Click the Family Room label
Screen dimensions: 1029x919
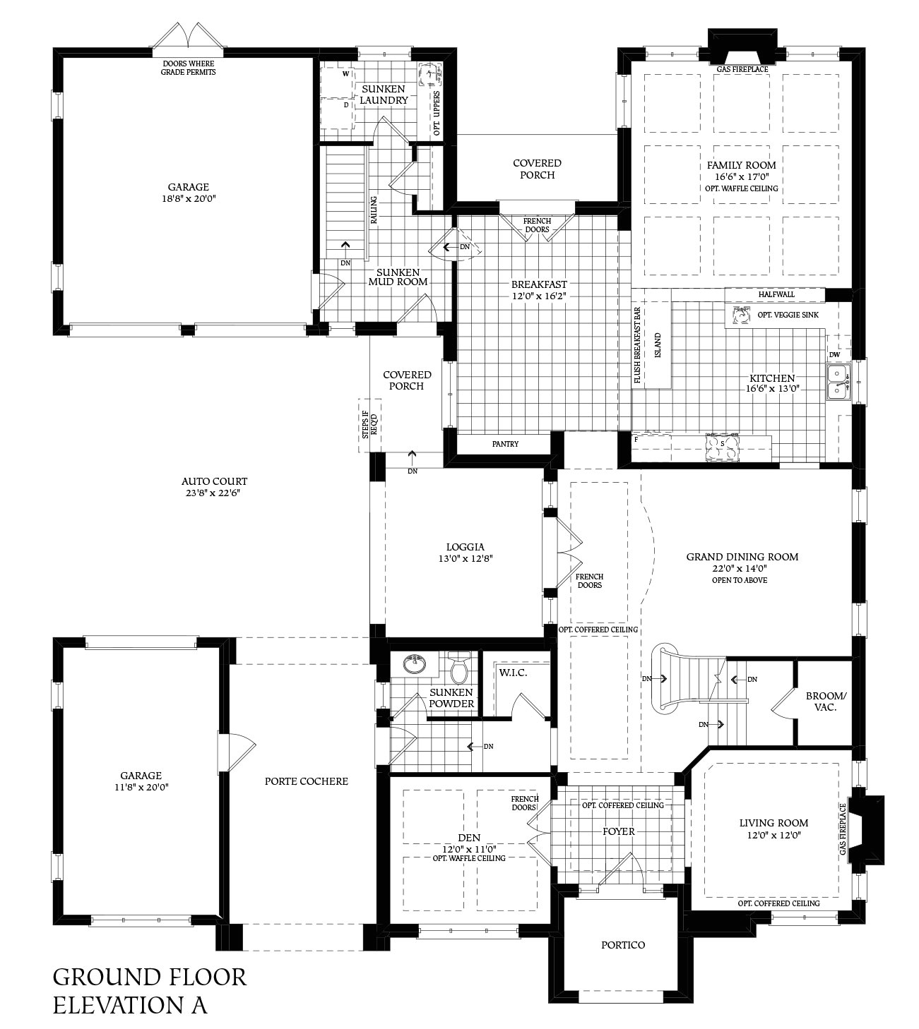(741, 165)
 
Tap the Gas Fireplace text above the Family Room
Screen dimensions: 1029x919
(742, 69)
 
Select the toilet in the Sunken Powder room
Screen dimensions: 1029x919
(459, 670)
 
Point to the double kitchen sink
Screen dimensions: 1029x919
(838, 380)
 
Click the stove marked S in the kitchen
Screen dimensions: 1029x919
(721, 445)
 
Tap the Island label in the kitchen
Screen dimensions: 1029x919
(657, 346)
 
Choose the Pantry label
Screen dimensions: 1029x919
(505, 444)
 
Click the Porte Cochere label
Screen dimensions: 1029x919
(307, 781)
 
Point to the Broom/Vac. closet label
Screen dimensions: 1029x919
(825, 701)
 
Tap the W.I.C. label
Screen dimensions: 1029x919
(513, 673)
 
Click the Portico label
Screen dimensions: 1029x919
(622, 944)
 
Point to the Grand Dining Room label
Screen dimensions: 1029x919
(742, 557)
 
